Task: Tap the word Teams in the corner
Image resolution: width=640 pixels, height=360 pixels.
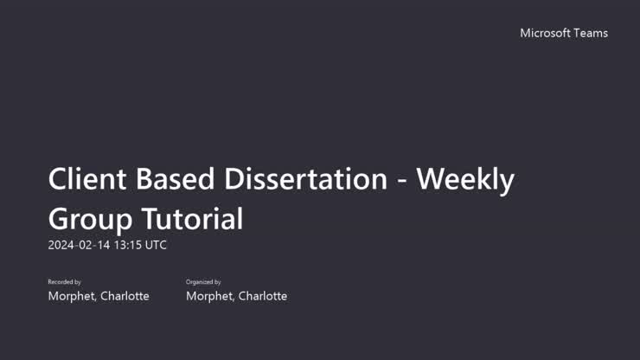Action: click(x=592, y=33)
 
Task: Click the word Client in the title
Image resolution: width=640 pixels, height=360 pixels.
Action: click(x=86, y=179)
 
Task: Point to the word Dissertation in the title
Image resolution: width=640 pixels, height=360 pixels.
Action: click(x=306, y=179)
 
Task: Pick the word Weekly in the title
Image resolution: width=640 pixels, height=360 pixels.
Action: click(x=466, y=181)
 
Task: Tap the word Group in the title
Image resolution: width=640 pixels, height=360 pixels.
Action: click(x=87, y=218)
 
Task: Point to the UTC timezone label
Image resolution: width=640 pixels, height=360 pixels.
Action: click(x=156, y=245)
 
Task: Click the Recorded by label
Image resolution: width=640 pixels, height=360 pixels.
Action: click(x=64, y=282)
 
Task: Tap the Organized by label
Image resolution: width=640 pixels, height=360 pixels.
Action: click(x=203, y=282)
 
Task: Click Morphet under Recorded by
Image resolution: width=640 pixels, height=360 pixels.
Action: click(x=73, y=296)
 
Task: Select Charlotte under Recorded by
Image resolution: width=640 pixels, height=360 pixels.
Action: click(x=125, y=296)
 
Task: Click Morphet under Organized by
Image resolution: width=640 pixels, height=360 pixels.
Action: click(x=211, y=296)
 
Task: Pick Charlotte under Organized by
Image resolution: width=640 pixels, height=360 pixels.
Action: click(x=263, y=296)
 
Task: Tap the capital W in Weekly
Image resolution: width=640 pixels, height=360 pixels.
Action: click(x=432, y=179)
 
